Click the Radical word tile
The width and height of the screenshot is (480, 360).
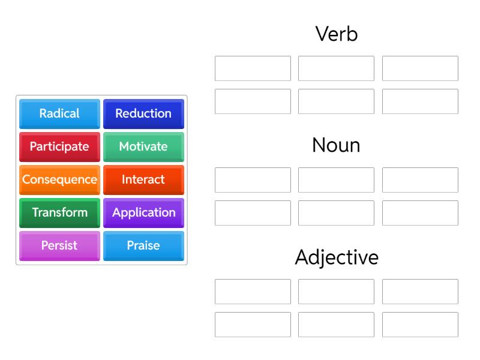point(59,113)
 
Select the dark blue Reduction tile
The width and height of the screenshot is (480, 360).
point(143,113)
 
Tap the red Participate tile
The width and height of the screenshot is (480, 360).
point(59,146)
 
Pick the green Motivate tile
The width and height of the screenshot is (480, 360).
point(143,146)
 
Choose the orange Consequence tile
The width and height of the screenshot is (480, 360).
point(59,179)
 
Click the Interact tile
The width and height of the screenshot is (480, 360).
point(143,179)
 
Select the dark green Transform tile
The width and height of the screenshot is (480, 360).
point(59,212)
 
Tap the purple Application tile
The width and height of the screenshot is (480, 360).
point(143,212)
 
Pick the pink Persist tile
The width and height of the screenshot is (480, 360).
point(59,245)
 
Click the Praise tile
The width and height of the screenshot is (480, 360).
point(143,245)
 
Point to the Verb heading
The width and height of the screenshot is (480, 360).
point(336,34)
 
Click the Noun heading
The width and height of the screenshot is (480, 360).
point(336,145)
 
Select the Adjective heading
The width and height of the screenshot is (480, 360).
point(336,257)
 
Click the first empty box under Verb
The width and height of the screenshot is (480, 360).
point(253,68)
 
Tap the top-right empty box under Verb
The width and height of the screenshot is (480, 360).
point(420,68)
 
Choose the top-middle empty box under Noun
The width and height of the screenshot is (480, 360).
point(336,180)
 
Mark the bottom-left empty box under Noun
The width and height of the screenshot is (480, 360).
point(253,213)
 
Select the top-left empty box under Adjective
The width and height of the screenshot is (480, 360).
point(253,292)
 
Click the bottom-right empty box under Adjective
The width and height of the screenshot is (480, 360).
point(420,325)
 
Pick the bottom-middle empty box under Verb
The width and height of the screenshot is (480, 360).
point(336,101)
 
